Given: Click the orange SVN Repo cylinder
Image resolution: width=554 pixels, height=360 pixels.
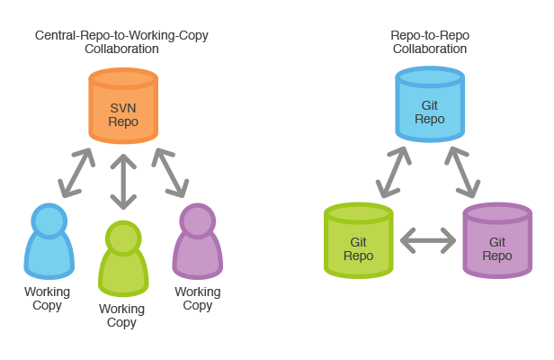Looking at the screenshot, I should pyautogui.click(x=123, y=106).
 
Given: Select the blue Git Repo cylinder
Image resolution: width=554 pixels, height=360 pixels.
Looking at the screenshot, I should pyautogui.click(x=430, y=106).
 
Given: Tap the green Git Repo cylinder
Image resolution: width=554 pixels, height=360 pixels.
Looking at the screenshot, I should pyautogui.click(x=358, y=240).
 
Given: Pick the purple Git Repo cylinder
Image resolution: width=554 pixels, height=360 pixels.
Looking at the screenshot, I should pyautogui.click(x=496, y=240).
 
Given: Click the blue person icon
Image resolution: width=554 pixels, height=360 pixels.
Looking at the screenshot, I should pyautogui.click(x=47, y=243).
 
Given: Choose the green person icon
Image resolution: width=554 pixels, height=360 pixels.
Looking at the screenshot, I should pyautogui.click(x=121, y=261).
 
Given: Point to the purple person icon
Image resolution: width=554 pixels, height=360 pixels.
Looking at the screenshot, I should pyautogui.click(x=197, y=243).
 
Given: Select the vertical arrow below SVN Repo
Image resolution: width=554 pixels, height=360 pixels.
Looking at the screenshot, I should pyautogui.click(x=123, y=180).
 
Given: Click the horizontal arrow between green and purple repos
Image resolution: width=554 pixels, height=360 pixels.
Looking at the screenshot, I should pyautogui.click(x=427, y=240).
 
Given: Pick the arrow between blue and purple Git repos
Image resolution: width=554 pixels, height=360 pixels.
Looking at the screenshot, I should pyautogui.click(x=464, y=171).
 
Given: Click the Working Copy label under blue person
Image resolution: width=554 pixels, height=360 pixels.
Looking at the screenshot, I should pyautogui.click(x=47, y=299).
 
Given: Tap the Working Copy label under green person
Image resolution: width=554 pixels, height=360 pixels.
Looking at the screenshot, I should pyautogui.click(x=121, y=316).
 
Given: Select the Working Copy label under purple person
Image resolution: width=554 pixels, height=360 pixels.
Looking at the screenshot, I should pyautogui.click(x=197, y=299).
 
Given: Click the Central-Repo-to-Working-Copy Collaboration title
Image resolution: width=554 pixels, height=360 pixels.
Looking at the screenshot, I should pyautogui.click(x=121, y=42).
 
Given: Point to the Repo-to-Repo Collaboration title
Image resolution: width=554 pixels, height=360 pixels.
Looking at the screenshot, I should pyautogui.click(x=430, y=42).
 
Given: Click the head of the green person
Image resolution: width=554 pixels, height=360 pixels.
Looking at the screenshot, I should pyautogui.click(x=121, y=237).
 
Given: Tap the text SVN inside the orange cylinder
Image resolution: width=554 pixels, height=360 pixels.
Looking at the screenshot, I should pyautogui.click(x=123, y=107).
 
